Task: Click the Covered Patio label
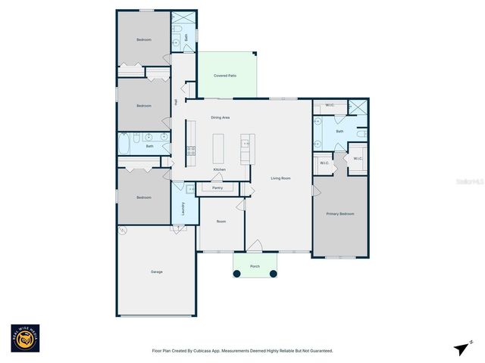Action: coord(226,76)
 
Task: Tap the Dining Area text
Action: coord(221,118)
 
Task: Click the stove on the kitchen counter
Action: coord(191,150)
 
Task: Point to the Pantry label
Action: coord(206,188)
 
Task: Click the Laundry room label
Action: coord(183,209)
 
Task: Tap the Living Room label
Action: coord(281,178)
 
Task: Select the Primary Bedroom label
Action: coord(340,214)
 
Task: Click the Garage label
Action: coord(156,271)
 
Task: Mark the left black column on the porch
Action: coord(237,274)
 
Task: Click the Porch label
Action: coord(255,266)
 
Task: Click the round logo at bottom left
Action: coord(25,339)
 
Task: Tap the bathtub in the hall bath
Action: coord(126,144)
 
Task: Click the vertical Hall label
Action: coord(176,102)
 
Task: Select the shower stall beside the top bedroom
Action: coord(183,20)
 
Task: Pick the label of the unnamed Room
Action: coord(221,222)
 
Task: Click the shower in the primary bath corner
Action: coord(358,109)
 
